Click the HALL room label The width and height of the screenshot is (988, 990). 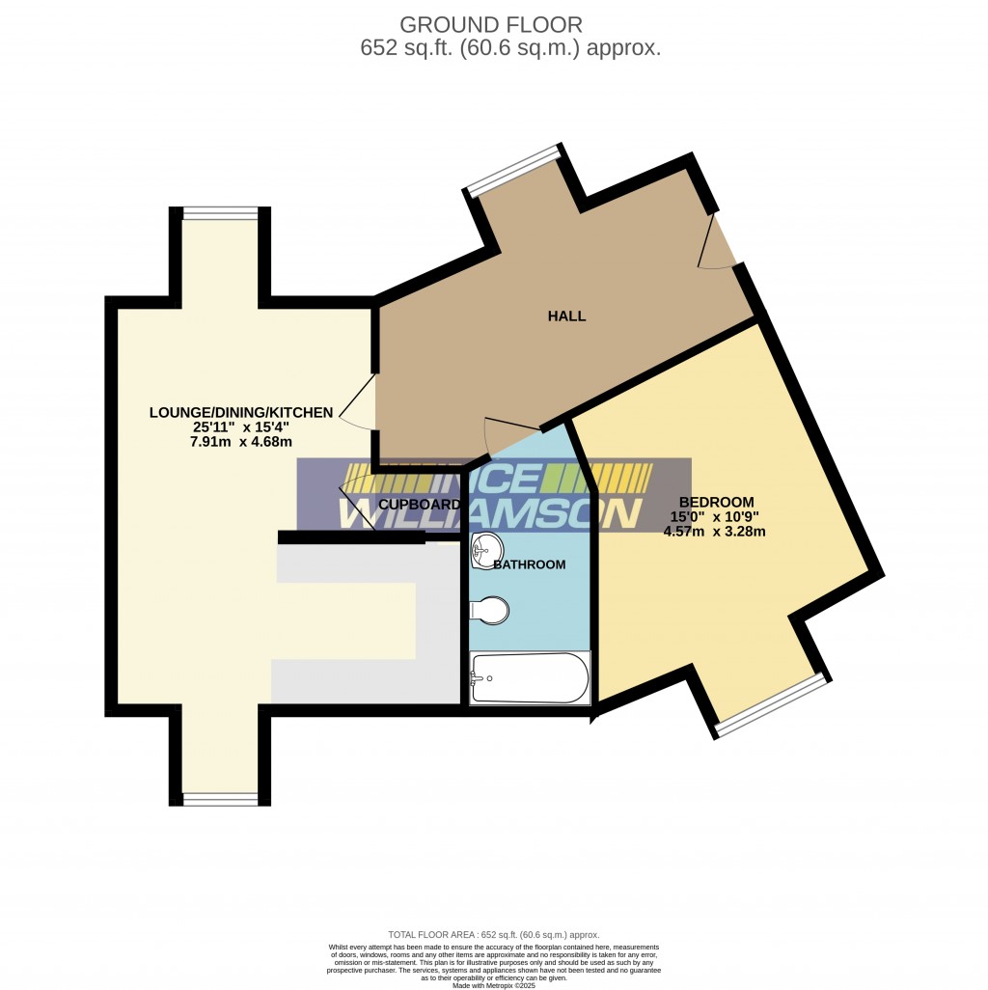click(566, 316)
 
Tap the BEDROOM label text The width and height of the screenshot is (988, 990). click(715, 502)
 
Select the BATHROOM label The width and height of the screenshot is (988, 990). click(529, 564)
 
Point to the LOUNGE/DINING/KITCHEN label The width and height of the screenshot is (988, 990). click(241, 412)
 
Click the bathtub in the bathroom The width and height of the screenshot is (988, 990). click(529, 678)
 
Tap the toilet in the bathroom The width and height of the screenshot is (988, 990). click(491, 611)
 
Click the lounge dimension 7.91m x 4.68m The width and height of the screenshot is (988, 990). click(241, 442)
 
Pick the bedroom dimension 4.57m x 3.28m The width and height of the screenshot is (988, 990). click(715, 531)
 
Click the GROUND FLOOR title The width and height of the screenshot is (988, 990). click(491, 24)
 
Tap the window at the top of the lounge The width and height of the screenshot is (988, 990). click(220, 213)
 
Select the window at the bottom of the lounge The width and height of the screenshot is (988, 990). click(220, 798)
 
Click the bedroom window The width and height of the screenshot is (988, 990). click(772, 704)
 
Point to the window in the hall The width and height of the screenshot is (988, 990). click(514, 170)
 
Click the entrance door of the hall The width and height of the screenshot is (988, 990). click(719, 241)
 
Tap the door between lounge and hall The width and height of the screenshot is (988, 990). click(359, 403)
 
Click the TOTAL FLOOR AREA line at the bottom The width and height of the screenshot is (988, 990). click(493, 934)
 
